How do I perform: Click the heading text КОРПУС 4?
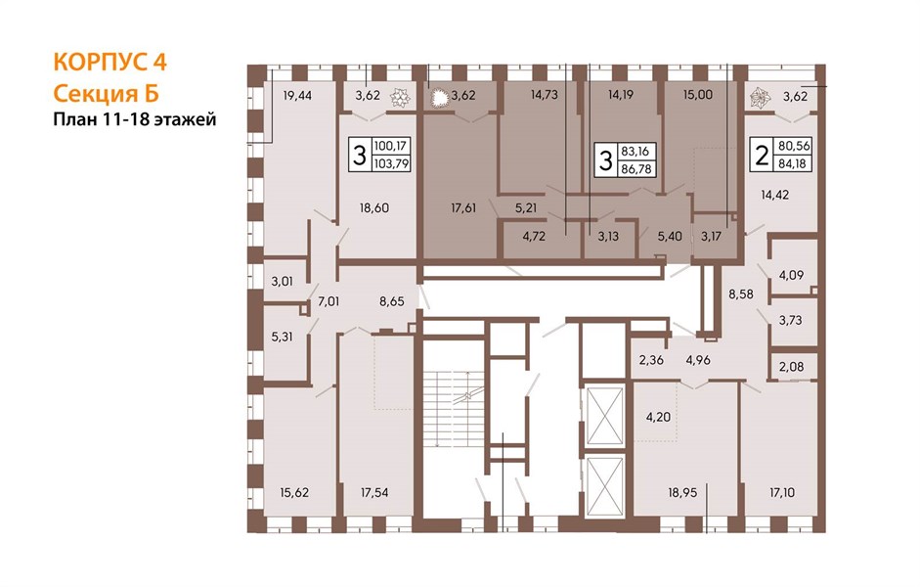click(x=110, y=64)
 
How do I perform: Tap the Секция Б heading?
click(x=103, y=94)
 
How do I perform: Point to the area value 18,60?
click(x=376, y=208)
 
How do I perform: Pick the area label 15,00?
click(x=698, y=96)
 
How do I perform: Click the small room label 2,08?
click(x=790, y=366)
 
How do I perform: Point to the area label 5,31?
click(x=282, y=337)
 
